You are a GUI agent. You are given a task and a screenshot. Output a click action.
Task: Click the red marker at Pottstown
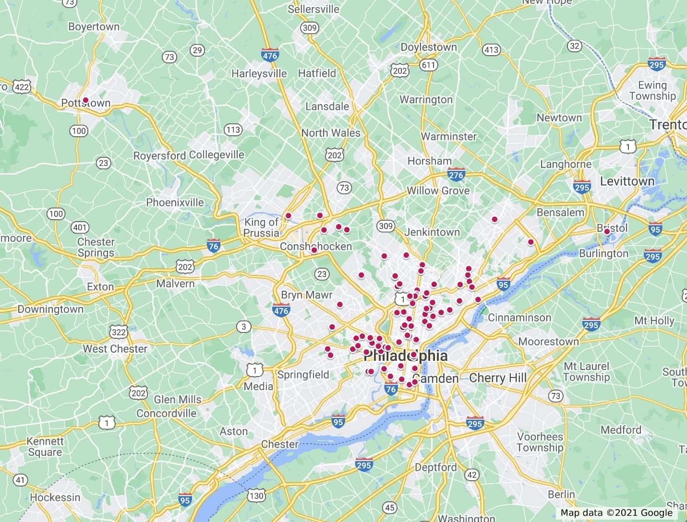click(x=85, y=100)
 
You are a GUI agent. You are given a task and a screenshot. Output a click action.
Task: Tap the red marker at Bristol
click(x=607, y=231)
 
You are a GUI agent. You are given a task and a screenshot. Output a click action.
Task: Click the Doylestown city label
click(x=429, y=47)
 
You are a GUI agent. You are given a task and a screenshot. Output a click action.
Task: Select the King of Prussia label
click(x=262, y=227)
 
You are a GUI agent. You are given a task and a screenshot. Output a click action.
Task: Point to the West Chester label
click(x=115, y=349)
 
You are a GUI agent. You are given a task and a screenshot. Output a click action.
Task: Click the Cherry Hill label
click(x=498, y=378)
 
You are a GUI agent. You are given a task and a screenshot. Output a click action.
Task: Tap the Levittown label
click(x=627, y=181)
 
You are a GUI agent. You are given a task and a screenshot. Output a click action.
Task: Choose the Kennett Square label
click(x=45, y=446)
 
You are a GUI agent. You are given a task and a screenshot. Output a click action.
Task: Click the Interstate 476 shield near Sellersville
click(x=270, y=55)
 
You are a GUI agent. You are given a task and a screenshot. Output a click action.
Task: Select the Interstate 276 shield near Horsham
click(x=456, y=175)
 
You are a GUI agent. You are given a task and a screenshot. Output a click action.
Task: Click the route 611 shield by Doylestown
click(x=428, y=64)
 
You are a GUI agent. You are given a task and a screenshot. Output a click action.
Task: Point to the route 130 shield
click(x=257, y=495)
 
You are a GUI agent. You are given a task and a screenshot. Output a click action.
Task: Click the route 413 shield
click(x=492, y=49)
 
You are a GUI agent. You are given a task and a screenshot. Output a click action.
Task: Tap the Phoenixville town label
click(x=175, y=202)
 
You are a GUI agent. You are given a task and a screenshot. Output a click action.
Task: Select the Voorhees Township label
click(x=540, y=442)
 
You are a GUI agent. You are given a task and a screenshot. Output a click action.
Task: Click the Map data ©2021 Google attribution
click(x=616, y=513)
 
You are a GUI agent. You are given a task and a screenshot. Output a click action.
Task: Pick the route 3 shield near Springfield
click(x=243, y=327)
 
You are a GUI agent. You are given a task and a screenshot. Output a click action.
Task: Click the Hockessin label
click(x=55, y=497)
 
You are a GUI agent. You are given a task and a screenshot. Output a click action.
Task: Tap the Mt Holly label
click(x=654, y=320)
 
